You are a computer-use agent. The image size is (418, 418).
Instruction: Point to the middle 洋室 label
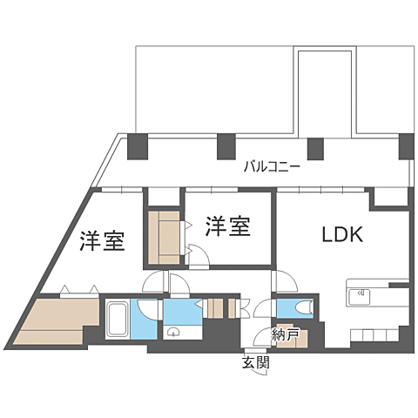[228, 227]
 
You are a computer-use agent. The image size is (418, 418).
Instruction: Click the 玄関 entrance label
[256, 362]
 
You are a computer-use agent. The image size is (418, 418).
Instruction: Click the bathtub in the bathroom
[117, 320]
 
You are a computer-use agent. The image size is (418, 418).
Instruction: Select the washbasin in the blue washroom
[173, 332]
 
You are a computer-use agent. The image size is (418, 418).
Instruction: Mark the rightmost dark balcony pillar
[406, 146]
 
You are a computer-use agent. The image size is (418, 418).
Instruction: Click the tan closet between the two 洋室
[163, 238]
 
